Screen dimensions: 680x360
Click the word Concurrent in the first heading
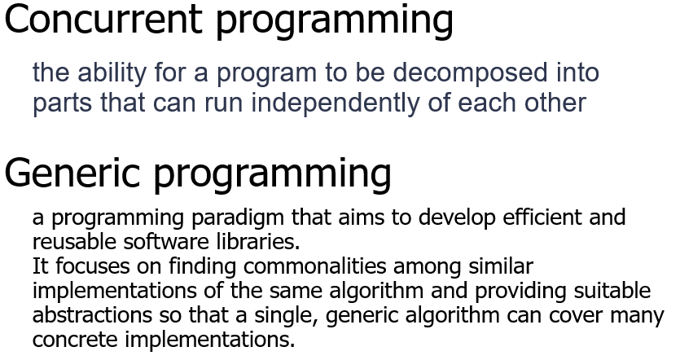click(103, 19)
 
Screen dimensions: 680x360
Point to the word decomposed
click(470, 73)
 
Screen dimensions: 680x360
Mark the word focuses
click(93, 266)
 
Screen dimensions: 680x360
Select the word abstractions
click(92, 315)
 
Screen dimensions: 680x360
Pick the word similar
click(501, 266)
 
